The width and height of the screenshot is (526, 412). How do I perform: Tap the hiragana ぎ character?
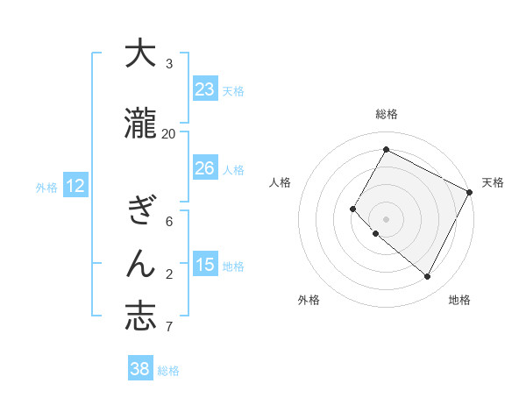(x=140, y=211)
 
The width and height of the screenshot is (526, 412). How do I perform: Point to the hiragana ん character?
(x=140, y=264)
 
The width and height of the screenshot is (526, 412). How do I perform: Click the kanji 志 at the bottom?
(x=140, y=316)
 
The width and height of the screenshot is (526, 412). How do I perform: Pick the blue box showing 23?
(x=205, y=89)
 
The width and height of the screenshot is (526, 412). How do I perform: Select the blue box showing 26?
(x=205, y=168)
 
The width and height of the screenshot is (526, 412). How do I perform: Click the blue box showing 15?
(x=205, y=265)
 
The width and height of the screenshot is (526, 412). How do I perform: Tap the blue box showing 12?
(x=75, y=186)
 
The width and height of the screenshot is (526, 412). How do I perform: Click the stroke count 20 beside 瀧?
(x=169, y=133)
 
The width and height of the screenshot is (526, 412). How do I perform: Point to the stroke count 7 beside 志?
(x=169, y=328)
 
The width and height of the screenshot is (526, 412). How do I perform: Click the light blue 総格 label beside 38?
(x=169, y=371)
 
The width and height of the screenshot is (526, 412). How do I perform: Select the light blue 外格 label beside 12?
(x=46, y=187)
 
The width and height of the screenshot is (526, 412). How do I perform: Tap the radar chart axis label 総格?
(x=386, y=114)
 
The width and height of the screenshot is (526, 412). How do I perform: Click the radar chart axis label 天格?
(x=493, y=182)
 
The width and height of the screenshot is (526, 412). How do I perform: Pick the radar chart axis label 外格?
(x=309, y=300)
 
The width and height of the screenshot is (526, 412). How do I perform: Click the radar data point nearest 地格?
(x=428, y=277)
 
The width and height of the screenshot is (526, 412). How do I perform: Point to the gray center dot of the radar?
(x=386, y=218)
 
